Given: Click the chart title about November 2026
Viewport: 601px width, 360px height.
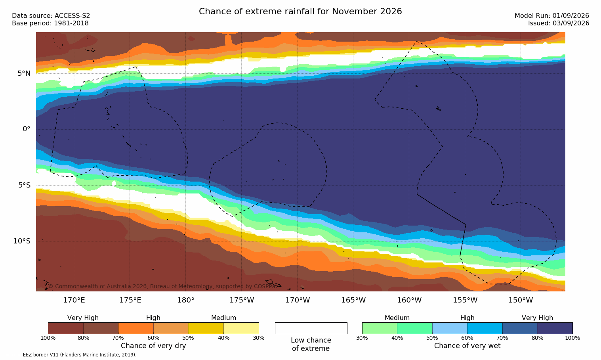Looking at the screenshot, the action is click(300, 11).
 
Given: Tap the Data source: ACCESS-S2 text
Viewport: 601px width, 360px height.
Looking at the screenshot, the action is click(51, 16).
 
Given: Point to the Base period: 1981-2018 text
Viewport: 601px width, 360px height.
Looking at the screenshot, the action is click(50, 23).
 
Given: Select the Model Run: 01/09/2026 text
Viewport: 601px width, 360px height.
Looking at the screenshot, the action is click(551, 16).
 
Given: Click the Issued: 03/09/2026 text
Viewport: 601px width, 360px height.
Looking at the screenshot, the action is click(559, 23).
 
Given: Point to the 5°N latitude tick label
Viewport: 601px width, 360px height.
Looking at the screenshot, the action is click(24, 73).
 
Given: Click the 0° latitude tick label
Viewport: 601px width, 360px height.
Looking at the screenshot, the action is click(26, 129).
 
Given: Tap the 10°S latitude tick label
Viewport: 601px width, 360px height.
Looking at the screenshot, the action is click(22, 241).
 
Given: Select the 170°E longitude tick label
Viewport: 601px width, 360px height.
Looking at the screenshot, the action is click(74, 300).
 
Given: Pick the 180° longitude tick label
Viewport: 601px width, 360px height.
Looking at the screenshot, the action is click(186, 300).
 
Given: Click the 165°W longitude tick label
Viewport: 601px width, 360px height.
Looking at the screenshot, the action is click(353, 300).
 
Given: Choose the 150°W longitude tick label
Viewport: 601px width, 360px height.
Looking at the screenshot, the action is click(521, 300).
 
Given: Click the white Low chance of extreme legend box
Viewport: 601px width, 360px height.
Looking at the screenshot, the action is click(311, 328).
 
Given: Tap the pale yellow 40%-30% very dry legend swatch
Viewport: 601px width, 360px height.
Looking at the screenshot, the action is click(241, 328).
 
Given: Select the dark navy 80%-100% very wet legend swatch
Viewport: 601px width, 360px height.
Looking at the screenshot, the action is click(555, 328).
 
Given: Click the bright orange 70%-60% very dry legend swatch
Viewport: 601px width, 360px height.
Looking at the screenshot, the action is click(136, 328).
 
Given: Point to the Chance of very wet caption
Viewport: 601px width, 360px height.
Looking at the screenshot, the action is click(467, 346).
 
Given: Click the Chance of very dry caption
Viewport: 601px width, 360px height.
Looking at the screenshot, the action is click(153, 346).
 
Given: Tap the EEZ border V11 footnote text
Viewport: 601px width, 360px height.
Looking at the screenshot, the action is click(71, 355).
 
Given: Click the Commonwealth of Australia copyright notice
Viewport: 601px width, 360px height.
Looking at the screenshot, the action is click(163, 286).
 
